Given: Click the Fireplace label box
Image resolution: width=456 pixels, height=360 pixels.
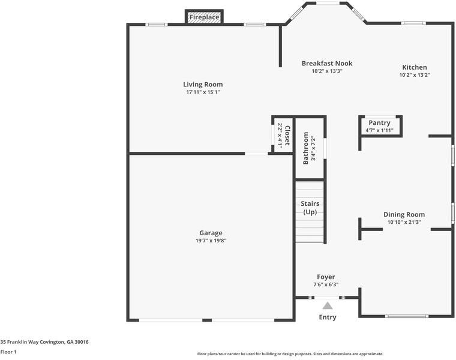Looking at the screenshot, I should tap(204, 17).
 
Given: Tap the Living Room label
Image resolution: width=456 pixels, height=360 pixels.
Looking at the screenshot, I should tap(203, 85).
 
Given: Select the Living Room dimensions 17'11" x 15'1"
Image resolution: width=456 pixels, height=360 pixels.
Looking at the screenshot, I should tap(203, 92).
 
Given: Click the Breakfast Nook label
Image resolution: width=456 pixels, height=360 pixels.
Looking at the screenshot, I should tap(326, 63).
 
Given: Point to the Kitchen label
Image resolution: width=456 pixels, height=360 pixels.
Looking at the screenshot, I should tap(415, 67).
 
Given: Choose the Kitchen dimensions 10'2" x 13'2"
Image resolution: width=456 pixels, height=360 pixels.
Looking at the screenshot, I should tap(415, 75).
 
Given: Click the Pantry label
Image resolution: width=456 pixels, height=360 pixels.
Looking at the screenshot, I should tap(379, 123).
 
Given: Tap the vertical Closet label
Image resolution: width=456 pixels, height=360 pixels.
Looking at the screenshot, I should tap(287, 136).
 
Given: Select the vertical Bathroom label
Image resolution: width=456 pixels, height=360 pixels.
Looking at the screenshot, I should tap(305, 148).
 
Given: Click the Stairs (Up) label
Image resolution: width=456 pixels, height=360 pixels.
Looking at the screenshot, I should tap(310, 208).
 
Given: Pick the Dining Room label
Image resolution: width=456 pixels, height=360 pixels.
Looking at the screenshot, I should tap(404, 214).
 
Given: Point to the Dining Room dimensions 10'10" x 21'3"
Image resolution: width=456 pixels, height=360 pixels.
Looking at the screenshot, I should tap(404, 222).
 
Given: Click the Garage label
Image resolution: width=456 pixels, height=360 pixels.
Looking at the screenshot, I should tap(211, 233).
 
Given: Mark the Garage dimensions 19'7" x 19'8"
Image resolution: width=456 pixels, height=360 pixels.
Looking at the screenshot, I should tap(211, 241).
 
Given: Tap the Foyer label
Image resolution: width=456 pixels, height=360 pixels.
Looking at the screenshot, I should tap(326, 277).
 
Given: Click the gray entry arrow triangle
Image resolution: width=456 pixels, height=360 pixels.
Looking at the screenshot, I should tap(328, 305).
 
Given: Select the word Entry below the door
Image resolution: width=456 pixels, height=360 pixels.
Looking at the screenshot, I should tap(328, 317).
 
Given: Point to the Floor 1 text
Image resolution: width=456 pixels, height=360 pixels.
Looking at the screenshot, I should tap(8, 352).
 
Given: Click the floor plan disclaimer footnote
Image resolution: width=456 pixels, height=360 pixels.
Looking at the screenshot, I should tap(290, 354).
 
